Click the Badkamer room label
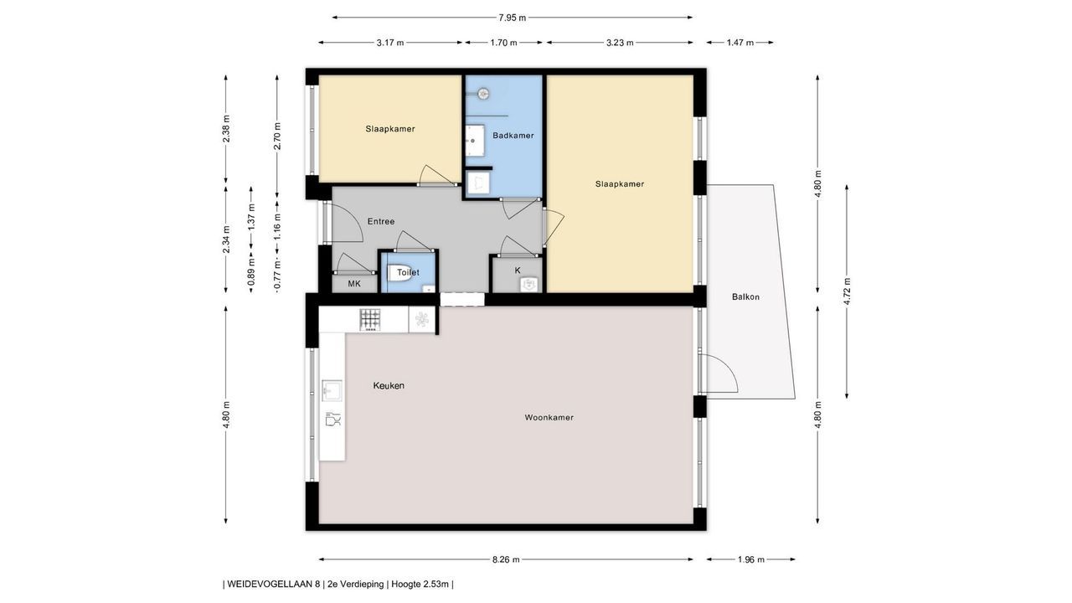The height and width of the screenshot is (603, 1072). [513, 136]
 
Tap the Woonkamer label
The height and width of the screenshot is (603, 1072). [549, 417]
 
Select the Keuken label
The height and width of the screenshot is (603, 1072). [389, 385]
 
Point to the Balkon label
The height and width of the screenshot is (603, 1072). [745, 296]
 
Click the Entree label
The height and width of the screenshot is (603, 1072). [381, 221]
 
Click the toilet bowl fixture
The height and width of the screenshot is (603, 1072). [399, 273]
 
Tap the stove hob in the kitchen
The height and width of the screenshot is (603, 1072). [370, 320]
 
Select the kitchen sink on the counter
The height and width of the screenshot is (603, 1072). [332, 390]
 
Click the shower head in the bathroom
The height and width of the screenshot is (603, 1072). [483, 94]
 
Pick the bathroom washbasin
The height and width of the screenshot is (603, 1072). [474, 140]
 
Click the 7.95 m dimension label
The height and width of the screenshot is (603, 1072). [512, 18]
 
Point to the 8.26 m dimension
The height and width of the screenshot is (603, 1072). [506, 559]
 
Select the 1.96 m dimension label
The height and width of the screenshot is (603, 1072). [751, 559]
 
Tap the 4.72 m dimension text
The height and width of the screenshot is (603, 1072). [847, 291]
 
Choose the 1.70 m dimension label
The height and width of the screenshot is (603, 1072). [503, 43]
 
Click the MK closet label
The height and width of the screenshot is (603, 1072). [354, 284]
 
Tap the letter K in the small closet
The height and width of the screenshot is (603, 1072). [518, 271]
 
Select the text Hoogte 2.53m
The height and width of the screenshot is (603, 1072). [420, 584]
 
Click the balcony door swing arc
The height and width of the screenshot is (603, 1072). [728, 367]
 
